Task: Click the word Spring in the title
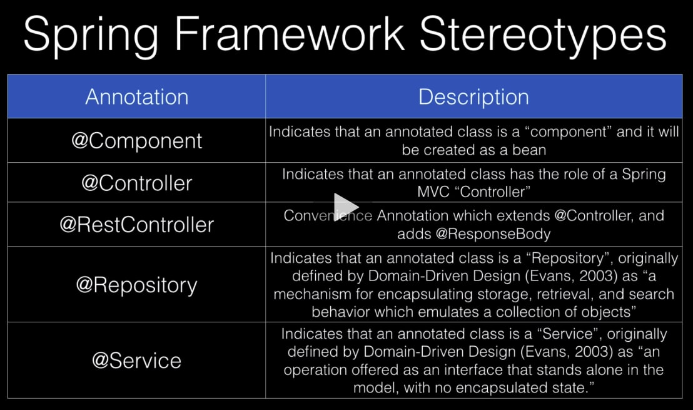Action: pyautogui.click(x=91, y=36)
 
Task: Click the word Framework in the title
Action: pyautogui.click(x=289, y=34)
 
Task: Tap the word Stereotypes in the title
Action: pyautogui.click(x=543, y=36)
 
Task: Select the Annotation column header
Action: pyautogui.click(x=136, y=96)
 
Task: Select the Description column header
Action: pyautogui.click(x=474, y=96)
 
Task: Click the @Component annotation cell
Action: pyautogui.click(x=136, y=141)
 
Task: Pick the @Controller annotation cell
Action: pyautogui.click(x=136, y=183)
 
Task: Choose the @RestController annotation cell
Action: pyautogui.click(x=136, y=224)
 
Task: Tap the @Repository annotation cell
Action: pyautogui.click(x=136, y=284)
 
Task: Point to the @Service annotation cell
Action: pyautogui.click(x=136, y=361)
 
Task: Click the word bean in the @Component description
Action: pyautogui.click(x=529, y=150)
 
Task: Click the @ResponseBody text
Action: pyautogui.click(x=493, y=234)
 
